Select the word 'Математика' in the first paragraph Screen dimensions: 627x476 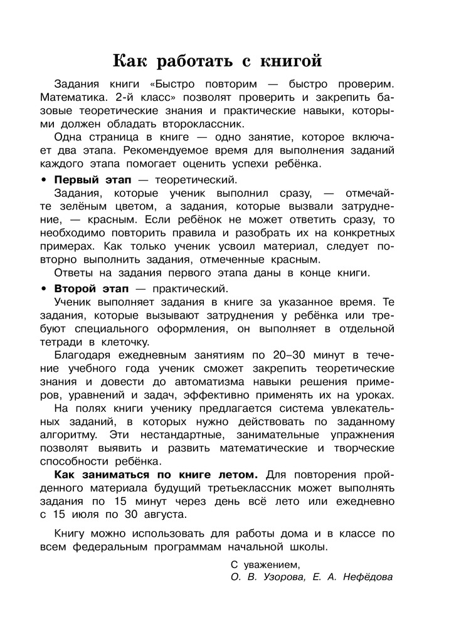click(70, 97)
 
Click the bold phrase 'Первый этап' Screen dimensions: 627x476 click(88, 179)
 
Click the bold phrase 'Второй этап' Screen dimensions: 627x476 click(88, 288)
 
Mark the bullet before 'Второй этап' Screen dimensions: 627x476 click(44, 289)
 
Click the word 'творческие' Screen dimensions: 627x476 click(361, 448)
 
